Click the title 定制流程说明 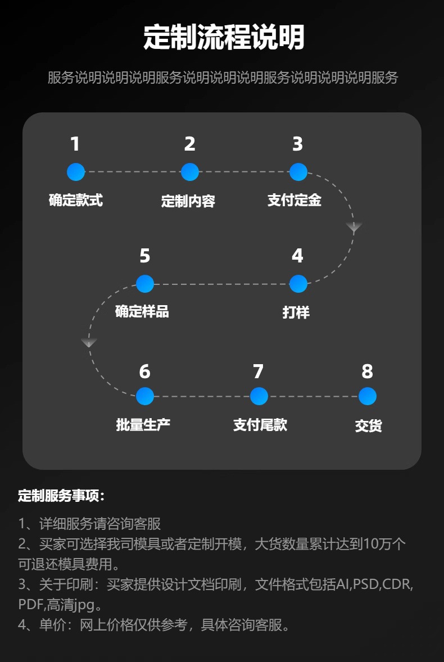coord(224,38)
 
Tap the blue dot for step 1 coord(76,172)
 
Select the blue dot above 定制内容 coord(190,172)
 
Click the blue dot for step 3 coord(298,172)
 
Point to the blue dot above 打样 coord(298,284)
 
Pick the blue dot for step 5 coord(145,284)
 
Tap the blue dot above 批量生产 coord(145,396)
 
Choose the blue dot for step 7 coord(259,396)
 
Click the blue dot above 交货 coord(367,396)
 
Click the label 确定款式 coord(76,200)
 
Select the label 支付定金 coord(295,200)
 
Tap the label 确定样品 coord(142,312)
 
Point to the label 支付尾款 coord(260,425)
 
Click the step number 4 coord(297,256)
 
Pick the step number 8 coord(367,371)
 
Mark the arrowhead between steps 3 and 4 coord(354,227)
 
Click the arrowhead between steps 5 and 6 coord(89,343)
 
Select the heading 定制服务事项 coord(62,496)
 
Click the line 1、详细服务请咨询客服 coord(90,524)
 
